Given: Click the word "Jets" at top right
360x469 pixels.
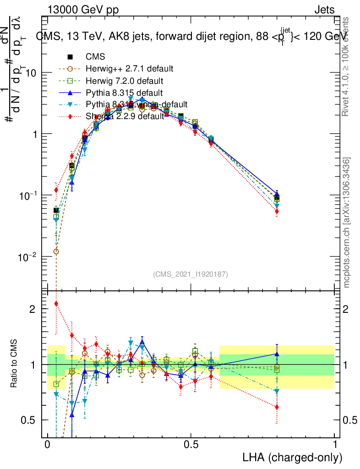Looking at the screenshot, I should pyautogui.click(x=324, y=10).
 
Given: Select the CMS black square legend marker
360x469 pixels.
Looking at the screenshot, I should pyautogui.click(x=71, y=57).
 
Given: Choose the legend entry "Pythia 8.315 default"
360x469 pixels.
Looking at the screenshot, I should pyautogui.click(x=124, y=93).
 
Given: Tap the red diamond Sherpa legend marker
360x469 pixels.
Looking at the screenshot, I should pyautogui.click(x=71, y=116).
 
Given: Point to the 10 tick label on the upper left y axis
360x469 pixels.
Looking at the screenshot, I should pyautogui.click(x=30, y=73).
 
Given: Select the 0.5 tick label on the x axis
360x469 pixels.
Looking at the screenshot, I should pyautogui.click(x=191, y=445).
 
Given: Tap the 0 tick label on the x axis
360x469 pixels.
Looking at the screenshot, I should pyautogui.click(x=47, y=445).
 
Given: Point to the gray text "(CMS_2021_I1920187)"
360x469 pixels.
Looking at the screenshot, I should pyautogui.click(x=191, y=274).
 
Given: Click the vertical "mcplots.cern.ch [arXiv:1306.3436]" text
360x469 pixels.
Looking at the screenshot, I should pyautogui.click(x=347, y=223).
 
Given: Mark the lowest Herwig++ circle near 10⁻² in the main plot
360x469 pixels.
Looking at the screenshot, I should pyautogui.click(x=56, y=251).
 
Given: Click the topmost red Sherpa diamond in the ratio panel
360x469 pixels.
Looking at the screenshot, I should pyautogui.click(x=56, y=304).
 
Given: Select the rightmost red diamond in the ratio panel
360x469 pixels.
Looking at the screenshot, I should pyautogui.click(x=277, y=407).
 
